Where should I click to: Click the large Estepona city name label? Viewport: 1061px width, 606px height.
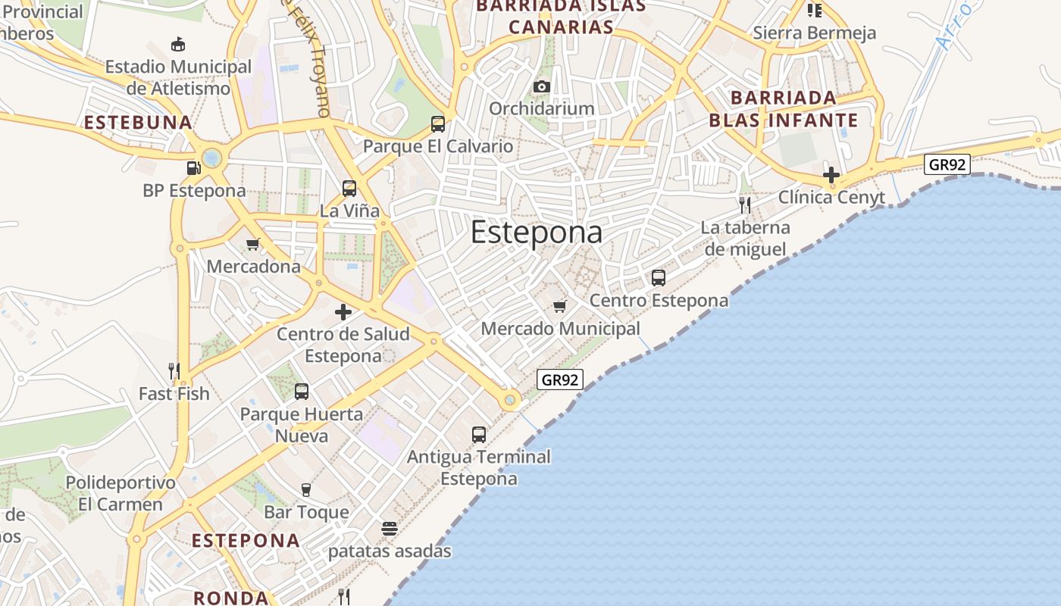[x=537, y=233]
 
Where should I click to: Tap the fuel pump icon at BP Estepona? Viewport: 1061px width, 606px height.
[x=193, y=167]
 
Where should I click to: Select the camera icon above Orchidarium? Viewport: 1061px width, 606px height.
[x=541, y=86]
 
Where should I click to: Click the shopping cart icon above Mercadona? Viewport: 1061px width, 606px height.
[x=253, y=244]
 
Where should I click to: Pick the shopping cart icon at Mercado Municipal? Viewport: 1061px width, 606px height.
[x=560, y=306]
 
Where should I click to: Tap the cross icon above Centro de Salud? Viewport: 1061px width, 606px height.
[x=343, y=311]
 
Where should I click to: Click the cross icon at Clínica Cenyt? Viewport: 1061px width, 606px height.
[x=831, y=175]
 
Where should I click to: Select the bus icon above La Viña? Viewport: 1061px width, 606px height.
[x=349, y=188]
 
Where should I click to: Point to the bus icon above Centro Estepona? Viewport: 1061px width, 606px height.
[x=659, y=278]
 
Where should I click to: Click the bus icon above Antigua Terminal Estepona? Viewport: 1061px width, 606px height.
[x=479, y=434]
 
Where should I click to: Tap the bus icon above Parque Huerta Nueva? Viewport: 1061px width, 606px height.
[x=302, y=392]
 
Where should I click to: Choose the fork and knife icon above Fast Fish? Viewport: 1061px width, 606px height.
[x=174, y=370]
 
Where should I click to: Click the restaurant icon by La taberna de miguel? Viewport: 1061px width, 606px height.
[x=745, y=205]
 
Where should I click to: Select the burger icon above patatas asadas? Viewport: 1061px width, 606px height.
[x=390, y=529]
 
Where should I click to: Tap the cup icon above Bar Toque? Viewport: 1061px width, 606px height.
[x=306, y=489]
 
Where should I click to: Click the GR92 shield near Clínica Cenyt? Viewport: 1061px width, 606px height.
[x=947, y=164]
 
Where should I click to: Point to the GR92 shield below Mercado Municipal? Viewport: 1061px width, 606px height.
[x=560, y=380]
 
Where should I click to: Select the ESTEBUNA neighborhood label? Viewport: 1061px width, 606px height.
[x=138, y=123]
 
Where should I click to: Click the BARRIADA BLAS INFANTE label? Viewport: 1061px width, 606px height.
[x=784, y=109]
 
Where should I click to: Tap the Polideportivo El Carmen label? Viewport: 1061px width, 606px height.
[x=120, y=493]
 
